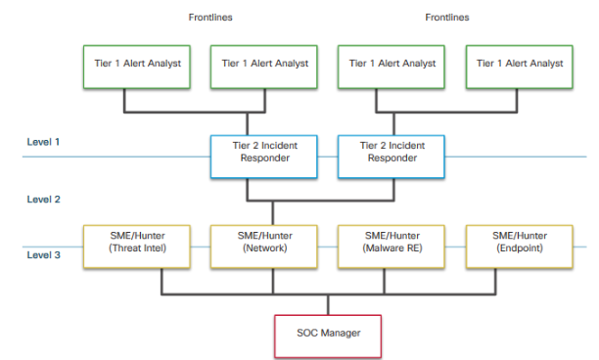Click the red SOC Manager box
coord(328,333)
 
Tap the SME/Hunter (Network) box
coord(264,243)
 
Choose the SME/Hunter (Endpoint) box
coord(519,243)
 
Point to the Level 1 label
coord(44,143)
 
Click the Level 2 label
coord(44,200)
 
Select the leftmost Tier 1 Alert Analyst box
coord(123,64)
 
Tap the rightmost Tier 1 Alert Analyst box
coord(519,64)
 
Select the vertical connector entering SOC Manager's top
coord(328,302)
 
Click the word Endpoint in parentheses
coord(519,250)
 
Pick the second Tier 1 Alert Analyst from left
coord(264,64)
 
